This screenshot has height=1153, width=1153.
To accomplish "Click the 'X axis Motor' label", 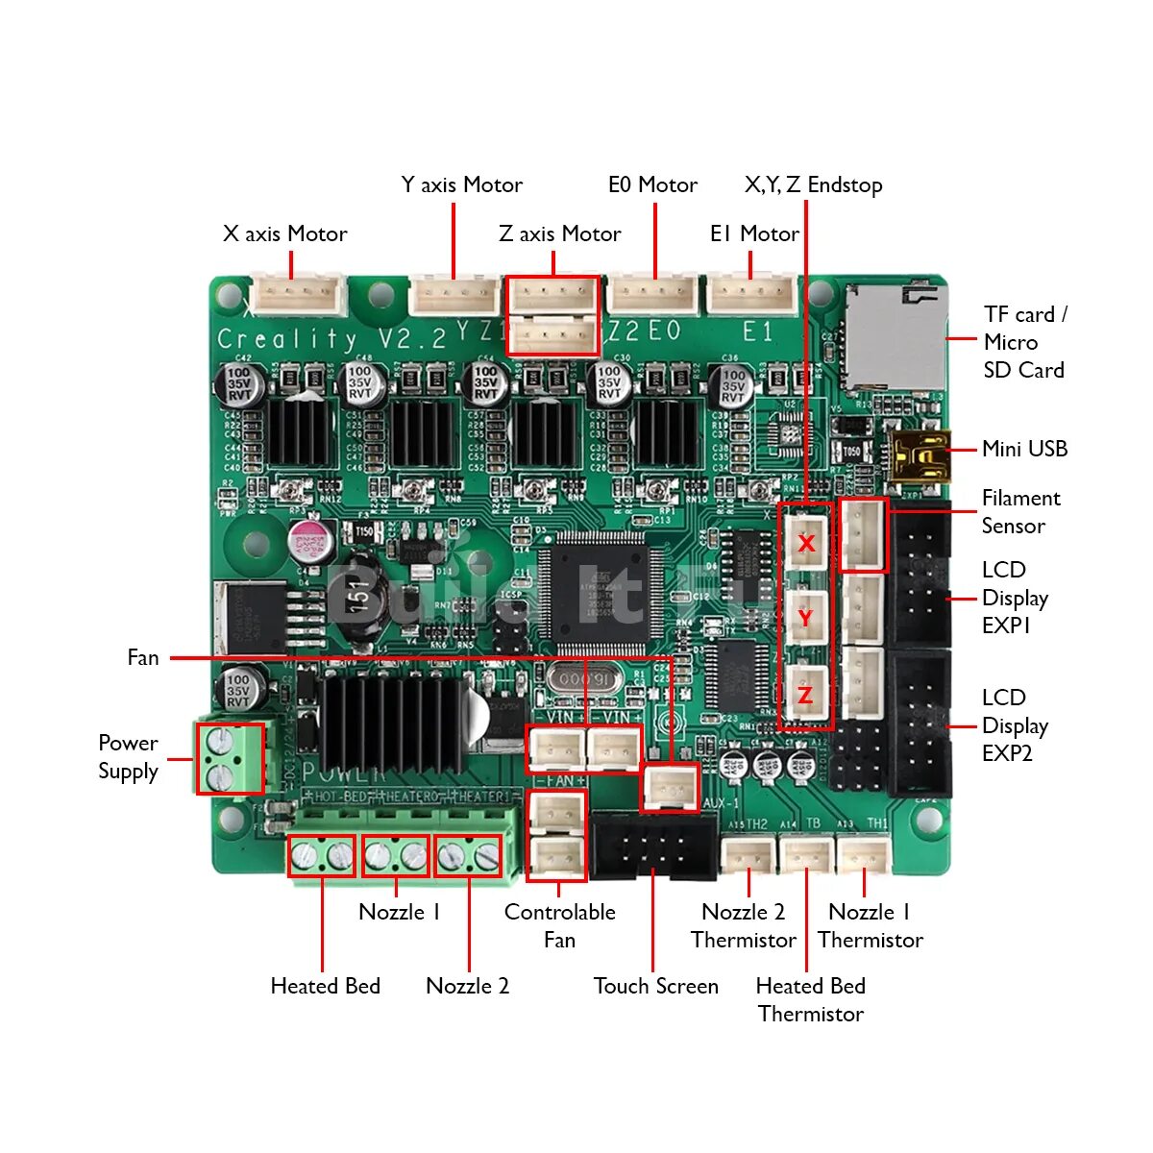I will [284, 233].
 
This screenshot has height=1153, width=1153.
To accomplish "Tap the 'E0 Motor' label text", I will [652, 184].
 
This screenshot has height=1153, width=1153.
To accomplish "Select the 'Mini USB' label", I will [1024, 449].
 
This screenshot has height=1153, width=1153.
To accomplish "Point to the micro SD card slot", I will [894, 336].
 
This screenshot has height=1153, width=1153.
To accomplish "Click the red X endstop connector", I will [805, 543].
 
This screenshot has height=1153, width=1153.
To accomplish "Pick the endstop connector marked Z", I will [805, 694].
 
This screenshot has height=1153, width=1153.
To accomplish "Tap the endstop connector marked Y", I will [805, 618].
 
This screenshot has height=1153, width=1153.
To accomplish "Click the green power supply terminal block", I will [231, 758].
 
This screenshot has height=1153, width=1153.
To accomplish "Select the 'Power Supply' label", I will [128, 757].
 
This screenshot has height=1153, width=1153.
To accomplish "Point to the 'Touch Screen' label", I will [655, 986].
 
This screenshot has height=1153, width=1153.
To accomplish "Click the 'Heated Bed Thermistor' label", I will [810, 999].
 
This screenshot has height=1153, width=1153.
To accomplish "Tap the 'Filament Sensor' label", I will [1020, 511].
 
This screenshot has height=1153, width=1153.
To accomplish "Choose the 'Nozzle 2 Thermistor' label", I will [743, 925].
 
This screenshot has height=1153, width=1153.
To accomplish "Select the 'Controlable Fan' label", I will [559, 925].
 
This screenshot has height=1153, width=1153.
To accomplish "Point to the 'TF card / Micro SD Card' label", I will [1024, 342].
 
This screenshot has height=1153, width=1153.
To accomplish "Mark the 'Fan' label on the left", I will [143, 657].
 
